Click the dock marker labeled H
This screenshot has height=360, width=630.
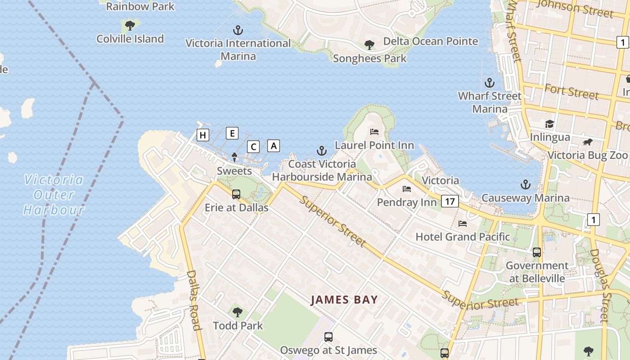coord(203,135)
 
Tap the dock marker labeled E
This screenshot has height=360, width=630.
coord(232,133)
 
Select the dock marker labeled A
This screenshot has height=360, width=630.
coord(274,145)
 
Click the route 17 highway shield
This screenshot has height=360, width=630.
coord(450,201)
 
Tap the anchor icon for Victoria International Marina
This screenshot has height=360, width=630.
coord(238,31)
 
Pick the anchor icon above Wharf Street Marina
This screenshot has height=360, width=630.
coord(489,83)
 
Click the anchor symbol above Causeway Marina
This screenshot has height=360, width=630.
coord(525,184)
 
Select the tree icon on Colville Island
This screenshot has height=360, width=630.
coord(130,26)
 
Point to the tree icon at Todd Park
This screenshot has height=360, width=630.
coord(237,312)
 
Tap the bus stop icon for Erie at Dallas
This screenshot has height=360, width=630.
coord(236,194)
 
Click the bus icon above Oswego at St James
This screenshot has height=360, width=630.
coord(328,337)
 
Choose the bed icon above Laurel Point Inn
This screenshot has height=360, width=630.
coord(374,132)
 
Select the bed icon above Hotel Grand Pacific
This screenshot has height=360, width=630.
coord(463,224)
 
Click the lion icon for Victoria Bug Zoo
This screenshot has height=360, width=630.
coord(588,142)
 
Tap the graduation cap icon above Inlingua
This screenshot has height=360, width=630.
coord(549,124)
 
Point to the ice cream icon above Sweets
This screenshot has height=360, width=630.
coord(234,157)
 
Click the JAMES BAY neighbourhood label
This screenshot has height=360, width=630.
coord(344,300)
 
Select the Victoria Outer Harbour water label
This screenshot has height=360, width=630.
coord(54,195)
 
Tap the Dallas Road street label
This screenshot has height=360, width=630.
coord(193,300)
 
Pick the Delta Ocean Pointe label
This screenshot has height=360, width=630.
coord(431,41)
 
